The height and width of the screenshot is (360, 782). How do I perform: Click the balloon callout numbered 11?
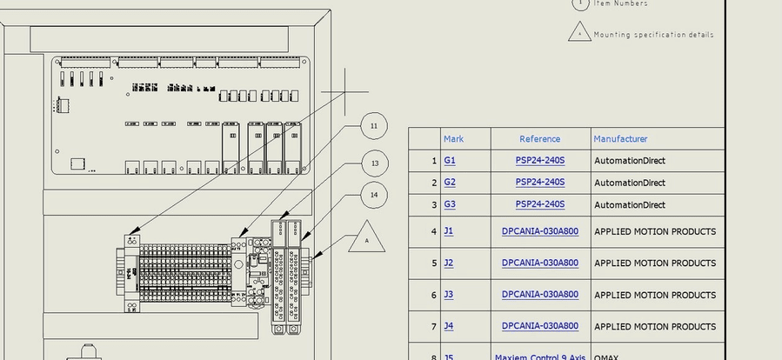click(x=373, y=127)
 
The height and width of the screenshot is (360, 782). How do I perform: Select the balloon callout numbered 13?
click(x=374, y=163)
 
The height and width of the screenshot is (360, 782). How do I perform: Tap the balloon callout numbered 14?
click(x=374, y=195)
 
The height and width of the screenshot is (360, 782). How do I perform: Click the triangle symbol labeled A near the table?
click(x=366, y=239)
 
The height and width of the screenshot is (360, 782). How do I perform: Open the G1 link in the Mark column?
click(x=450, y=161)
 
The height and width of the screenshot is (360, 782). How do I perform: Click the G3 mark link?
click(x=450, y=205)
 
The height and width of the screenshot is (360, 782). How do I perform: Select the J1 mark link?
click(x=449, y=232)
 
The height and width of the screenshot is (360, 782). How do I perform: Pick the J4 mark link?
click(x=449, y=326)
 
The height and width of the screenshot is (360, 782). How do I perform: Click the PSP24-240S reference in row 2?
click(x=539, y=183)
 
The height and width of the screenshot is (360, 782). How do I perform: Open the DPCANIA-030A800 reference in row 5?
click(x=539, y=263)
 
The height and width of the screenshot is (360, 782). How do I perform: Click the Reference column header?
click(x=539, y=139)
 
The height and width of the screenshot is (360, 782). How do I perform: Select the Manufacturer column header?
click(x=620, y=139)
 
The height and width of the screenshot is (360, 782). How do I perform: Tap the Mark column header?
click(x=453, y=139)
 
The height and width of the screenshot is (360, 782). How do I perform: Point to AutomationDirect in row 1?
click(x=629, y=161)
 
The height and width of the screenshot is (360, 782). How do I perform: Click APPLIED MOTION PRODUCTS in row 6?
click(x=654, y=295)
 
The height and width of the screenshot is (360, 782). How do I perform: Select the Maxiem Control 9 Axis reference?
click(x=539, y=357)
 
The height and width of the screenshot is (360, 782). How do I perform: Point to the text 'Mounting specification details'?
click(x=653, y=36)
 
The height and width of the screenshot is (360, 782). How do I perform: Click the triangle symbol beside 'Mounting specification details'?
click(x=579, y=33)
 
